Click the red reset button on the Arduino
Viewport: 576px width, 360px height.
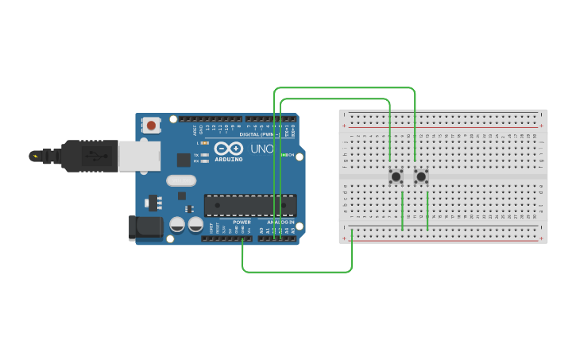click(151, 125)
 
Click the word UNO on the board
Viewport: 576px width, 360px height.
click(262, 149)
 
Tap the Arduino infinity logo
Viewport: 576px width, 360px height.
click(228, 149)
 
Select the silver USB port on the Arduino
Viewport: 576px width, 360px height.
click(139, 156)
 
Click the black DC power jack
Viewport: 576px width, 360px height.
click(145, 227)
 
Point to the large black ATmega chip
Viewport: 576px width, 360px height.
click(250, 205)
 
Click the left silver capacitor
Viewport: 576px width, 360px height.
click(177, 225)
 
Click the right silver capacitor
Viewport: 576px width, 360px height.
click(195, 225)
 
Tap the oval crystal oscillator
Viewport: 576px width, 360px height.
click(181, 180)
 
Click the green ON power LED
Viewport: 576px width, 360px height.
click(284, 155)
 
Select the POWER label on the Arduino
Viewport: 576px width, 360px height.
click(242, 222)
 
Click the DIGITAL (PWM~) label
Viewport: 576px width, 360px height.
click(257, 134)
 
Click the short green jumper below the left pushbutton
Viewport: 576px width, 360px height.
click(402, 211)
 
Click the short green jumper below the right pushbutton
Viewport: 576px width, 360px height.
click(427, 211)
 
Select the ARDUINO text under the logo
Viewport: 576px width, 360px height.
click(229, 159)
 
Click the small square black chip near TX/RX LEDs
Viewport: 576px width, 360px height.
click(184, 159)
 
